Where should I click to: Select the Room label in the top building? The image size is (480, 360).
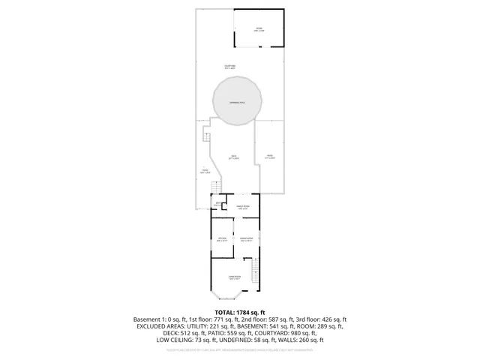coord(259,30)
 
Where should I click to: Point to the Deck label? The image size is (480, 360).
coord(234,157)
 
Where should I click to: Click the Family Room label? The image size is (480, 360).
coord(243,207)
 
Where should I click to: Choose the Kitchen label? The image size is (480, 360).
coord(221,239)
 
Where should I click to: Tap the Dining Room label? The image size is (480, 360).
coord(246,239)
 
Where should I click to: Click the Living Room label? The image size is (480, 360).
coord(235,277)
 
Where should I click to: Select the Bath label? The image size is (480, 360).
coord(218,203)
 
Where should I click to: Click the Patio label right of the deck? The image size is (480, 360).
coord(271,157)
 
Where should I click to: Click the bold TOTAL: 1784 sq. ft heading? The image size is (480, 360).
coord(240,312)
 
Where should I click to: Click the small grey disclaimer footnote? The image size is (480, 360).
coord(240,349)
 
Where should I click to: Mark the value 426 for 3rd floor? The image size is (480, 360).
coord(324,319)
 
